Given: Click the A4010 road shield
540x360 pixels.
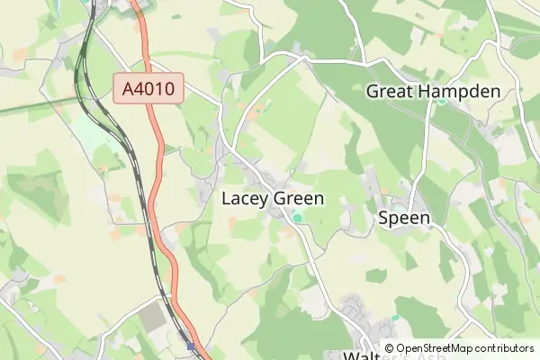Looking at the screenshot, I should (148, 87).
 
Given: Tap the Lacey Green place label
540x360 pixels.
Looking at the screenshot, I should (272, 199).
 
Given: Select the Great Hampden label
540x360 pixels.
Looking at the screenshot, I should (432, 91).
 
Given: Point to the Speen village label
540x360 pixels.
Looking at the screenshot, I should (403, 218).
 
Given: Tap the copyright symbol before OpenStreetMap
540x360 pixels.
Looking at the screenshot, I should (389, 348).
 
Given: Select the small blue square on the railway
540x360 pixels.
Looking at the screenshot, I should (191, 344).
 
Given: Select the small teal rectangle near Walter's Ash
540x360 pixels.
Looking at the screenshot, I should (394, 319).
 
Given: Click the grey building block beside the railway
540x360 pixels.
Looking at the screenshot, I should (153, 317).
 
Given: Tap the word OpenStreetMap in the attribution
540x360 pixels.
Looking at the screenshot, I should (435, 348).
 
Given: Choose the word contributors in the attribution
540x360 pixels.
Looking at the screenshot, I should (505, 348).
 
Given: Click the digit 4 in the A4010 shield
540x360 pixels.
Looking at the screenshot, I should (137, 87).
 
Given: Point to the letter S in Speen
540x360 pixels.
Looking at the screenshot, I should (383, 218).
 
